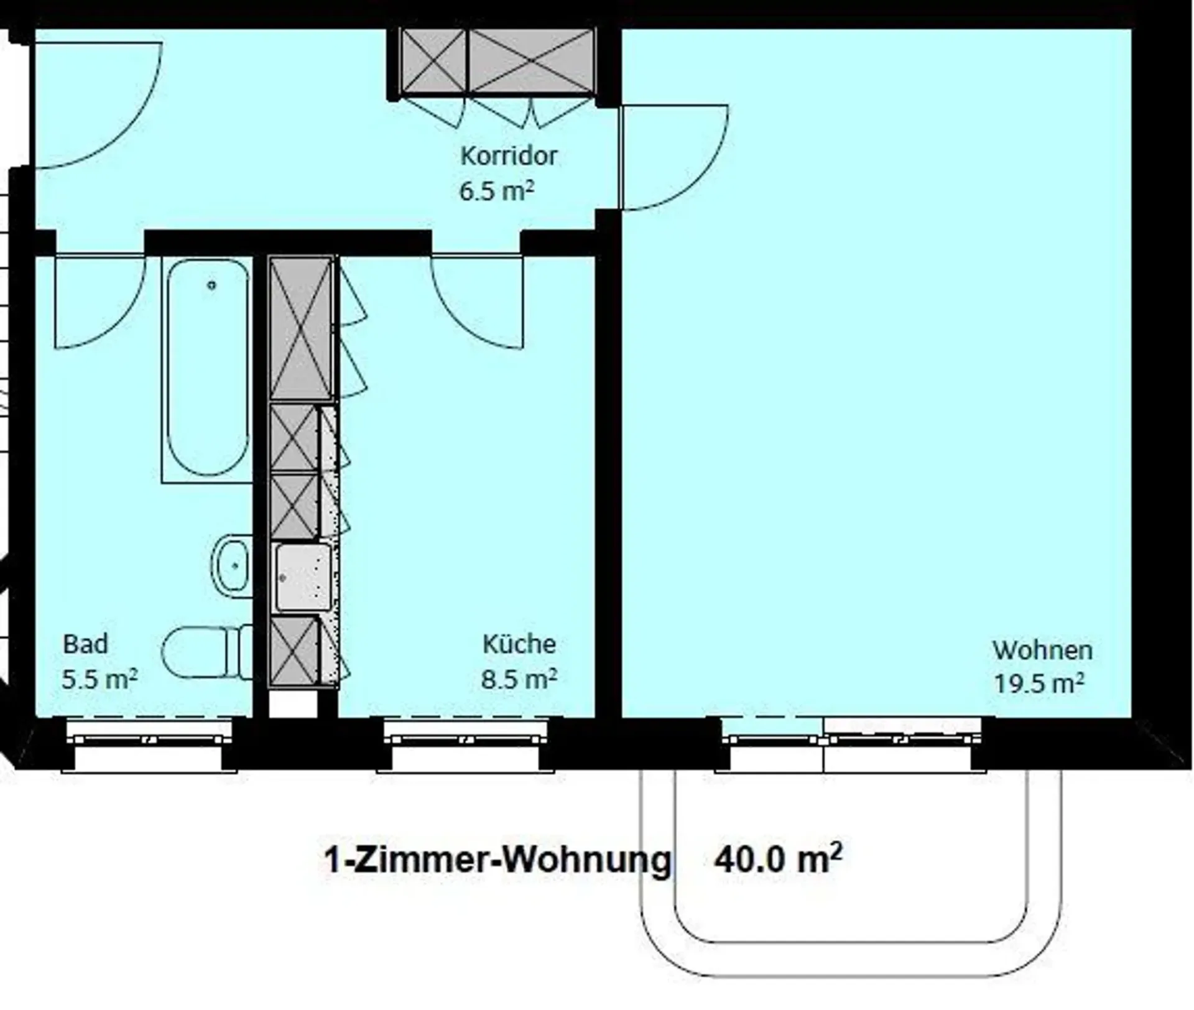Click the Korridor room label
click(509, 155)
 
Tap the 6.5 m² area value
click(496, 190)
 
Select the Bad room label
click(85, 644)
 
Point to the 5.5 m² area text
click(99, 679)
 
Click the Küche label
click(519, 644)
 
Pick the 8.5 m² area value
click(519, 679)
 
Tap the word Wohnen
click(1042, 651)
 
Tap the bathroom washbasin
click(231, 566)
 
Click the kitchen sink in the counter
click(303, 577)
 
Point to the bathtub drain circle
click(212, 285)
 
